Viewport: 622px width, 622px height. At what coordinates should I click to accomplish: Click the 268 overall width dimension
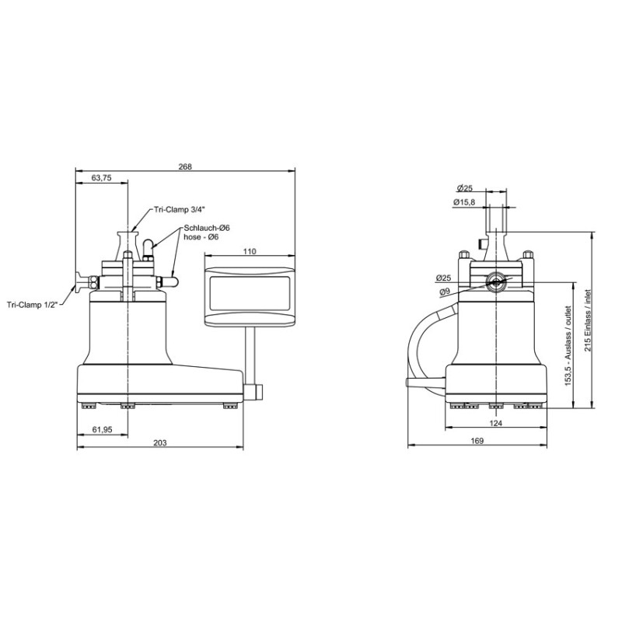185,166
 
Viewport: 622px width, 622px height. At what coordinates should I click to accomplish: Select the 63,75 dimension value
102,178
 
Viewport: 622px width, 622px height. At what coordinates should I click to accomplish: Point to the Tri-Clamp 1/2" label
32,305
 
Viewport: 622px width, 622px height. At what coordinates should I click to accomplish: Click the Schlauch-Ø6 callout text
207,228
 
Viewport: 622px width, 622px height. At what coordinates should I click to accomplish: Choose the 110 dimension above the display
250,251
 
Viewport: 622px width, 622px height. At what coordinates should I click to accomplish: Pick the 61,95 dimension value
103,430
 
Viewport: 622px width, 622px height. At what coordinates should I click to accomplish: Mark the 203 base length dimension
160,442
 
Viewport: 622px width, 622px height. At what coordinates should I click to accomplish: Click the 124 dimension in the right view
496,423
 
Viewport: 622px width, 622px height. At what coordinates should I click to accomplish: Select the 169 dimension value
477,441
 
